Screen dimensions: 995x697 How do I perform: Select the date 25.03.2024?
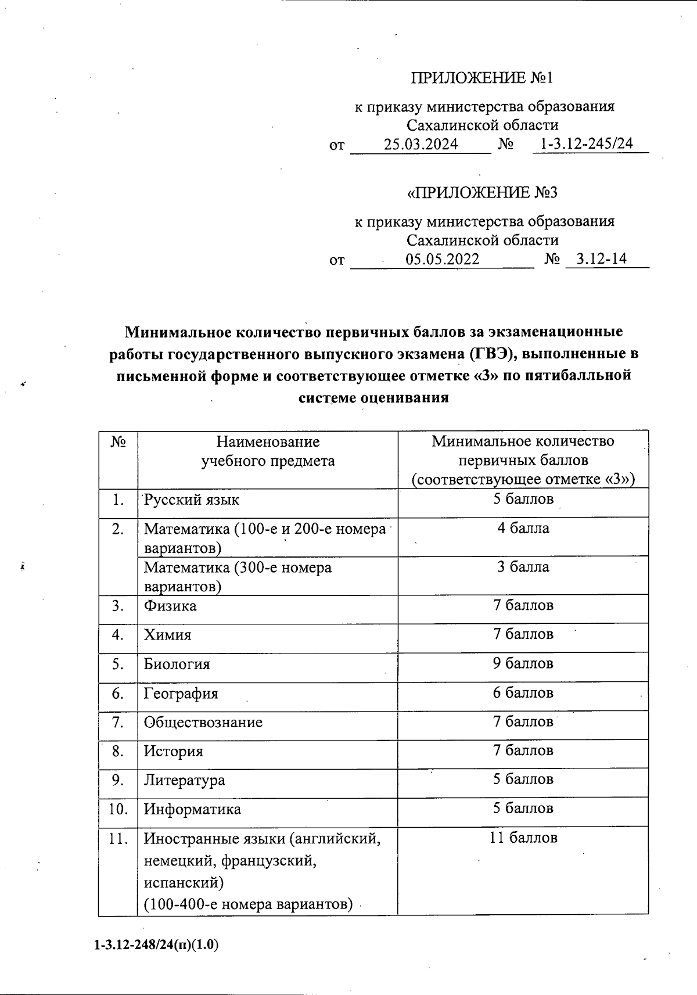[421, 145]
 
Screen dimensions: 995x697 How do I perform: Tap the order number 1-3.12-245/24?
[587, 144]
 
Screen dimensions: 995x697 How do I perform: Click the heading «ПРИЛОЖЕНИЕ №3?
[483, 193]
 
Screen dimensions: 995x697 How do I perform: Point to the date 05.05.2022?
[443, 260]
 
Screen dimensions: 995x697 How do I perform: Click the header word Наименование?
[268, 442]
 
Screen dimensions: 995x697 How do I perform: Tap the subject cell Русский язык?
[192, 500]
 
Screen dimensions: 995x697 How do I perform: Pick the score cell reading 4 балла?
[523, 529]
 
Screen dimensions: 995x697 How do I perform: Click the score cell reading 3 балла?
[523, 567]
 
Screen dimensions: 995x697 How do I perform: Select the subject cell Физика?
[170, 606]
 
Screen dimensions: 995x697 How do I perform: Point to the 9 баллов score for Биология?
[523, 663]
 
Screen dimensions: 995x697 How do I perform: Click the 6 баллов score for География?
[523, 693]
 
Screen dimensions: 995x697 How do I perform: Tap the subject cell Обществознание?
[203, 723]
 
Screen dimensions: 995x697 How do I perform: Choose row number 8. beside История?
[118, 751]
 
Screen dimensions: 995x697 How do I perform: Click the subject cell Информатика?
[192, 809]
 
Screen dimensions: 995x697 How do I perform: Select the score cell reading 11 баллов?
[523, 838]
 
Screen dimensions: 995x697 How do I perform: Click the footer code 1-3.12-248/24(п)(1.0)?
[156, 945]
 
